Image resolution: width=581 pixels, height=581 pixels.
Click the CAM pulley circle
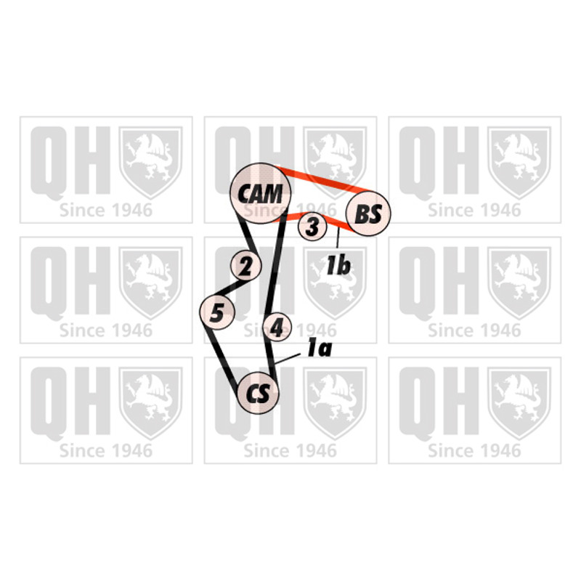(261, 193)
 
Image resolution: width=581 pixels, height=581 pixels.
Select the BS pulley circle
(368, 214)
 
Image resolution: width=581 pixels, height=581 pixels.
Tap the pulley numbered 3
(312, 226)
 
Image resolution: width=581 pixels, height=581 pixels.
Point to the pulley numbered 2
(245, 265)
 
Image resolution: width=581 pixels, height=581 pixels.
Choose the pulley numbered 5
(217, 312)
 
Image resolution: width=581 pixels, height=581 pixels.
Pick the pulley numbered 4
(277, 327)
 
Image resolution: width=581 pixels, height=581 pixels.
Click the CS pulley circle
(258, 393)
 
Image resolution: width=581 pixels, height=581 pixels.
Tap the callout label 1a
(319, 349)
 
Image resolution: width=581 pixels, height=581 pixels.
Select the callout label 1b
(338, 265)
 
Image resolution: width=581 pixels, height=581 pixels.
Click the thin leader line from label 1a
(288, 358)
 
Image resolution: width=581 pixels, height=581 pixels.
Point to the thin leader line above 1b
(338, 238)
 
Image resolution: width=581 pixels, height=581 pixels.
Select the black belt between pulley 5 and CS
(222, 359)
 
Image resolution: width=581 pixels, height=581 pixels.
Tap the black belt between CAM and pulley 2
(247, 235)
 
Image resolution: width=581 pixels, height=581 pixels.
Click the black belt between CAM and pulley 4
(275, 267)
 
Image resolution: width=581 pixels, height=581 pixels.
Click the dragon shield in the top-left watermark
(150, 162)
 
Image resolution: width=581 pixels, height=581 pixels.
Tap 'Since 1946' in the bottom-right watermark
(475, 451)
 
